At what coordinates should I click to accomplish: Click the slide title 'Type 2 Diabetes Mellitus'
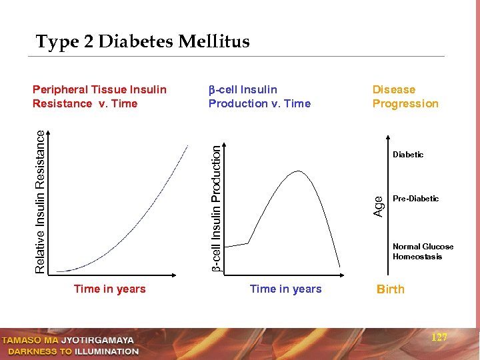(x=143, y=42)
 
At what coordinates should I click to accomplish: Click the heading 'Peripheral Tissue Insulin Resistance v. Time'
(x=99, y=97)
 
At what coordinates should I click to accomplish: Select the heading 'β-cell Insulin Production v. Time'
(x=259, y=97)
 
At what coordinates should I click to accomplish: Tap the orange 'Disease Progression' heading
(x=405, y=97)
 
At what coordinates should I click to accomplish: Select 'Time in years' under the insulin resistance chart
(x=109, y=289)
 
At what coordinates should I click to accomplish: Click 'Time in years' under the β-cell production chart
(x=285, y=289)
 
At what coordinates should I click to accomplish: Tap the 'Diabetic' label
(x=408, y=155)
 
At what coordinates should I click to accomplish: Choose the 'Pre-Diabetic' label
(x=415, y=199)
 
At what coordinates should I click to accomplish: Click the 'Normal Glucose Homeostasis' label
(x=423, y=251)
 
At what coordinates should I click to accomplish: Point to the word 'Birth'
(x=390, y=289)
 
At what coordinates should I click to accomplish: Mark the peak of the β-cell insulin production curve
(x=298, y=171)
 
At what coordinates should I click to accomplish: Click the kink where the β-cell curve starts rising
(x=249, y=243)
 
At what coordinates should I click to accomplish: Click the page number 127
(x=439, y=337)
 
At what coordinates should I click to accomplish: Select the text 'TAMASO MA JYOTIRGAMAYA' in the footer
(x=67, y=340)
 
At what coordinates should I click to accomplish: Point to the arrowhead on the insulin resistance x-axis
(x=177, y=274)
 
